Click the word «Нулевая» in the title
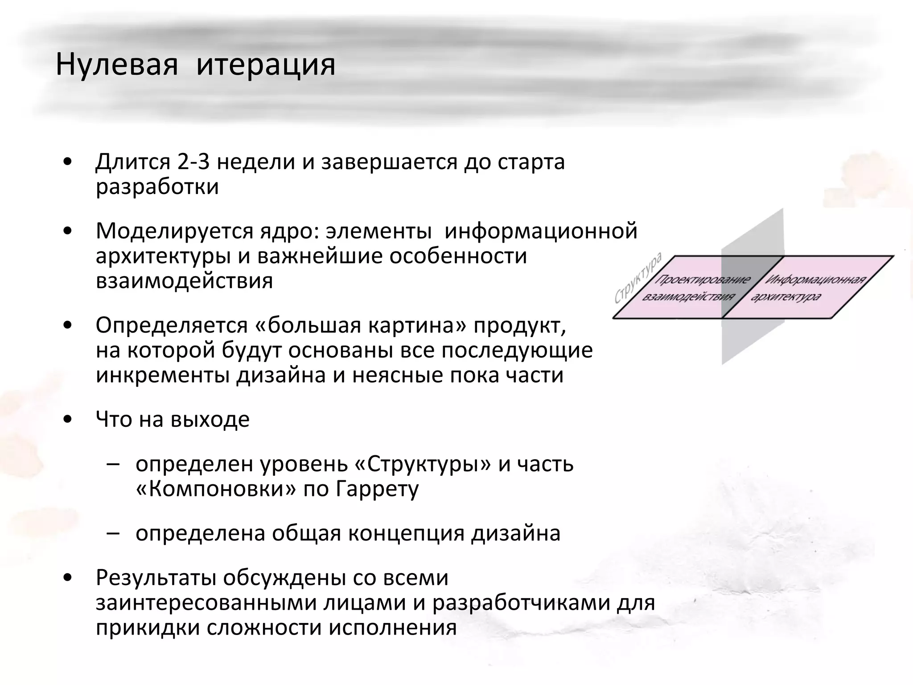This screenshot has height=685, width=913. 117,65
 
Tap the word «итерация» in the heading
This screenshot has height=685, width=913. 266,65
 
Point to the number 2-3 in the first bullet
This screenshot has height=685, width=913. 193,162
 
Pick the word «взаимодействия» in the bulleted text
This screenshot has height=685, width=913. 184,281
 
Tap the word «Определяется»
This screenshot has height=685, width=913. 171,326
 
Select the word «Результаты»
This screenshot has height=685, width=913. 156,578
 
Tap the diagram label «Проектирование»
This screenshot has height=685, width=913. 702,280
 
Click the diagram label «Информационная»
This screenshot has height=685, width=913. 815,280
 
